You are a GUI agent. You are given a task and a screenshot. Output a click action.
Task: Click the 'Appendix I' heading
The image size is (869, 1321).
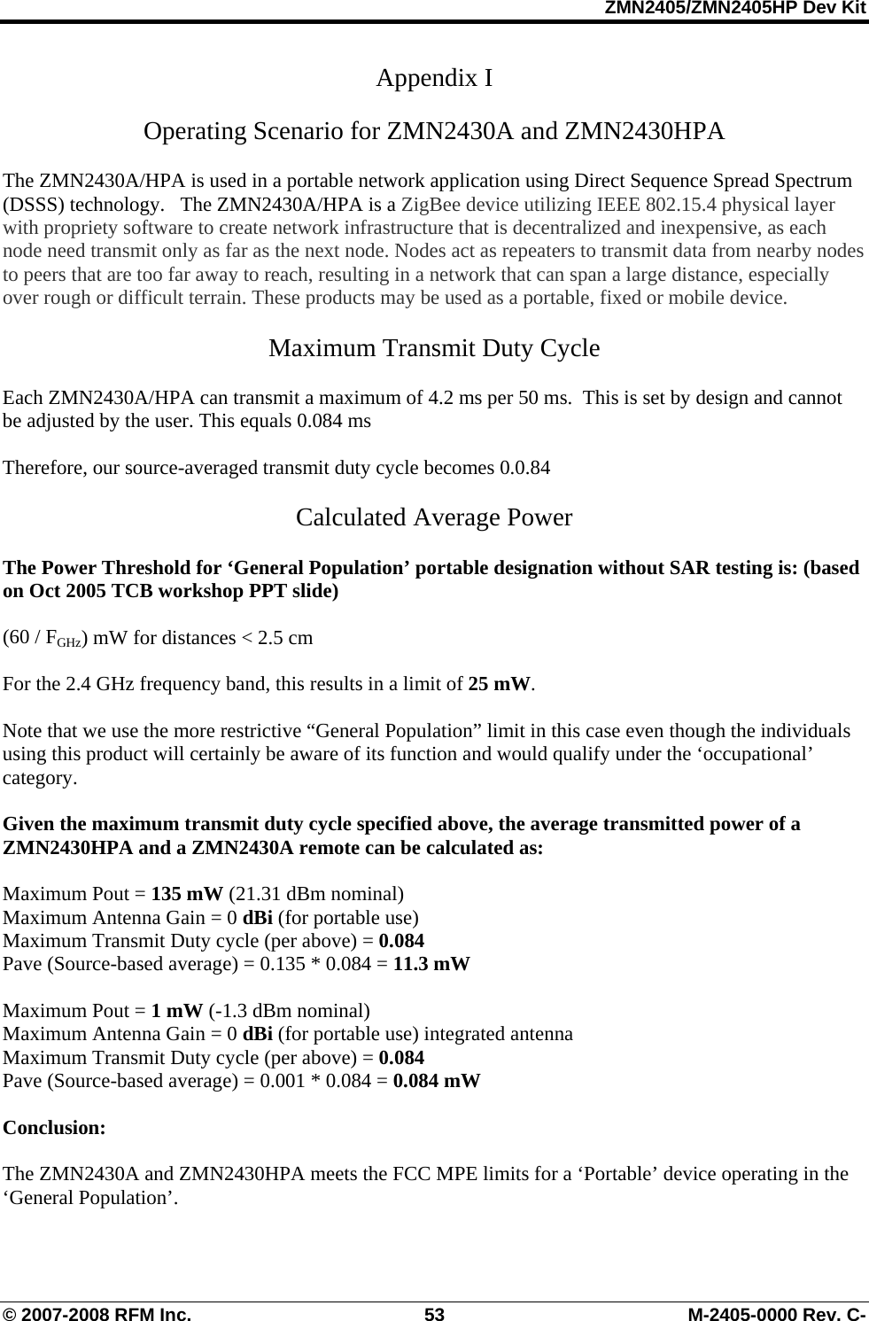434,79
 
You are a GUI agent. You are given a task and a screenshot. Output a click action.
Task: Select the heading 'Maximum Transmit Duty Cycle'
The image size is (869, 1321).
434,348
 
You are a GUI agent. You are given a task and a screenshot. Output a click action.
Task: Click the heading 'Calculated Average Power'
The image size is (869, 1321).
434,517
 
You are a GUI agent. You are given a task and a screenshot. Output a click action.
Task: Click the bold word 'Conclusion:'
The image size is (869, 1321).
55,1128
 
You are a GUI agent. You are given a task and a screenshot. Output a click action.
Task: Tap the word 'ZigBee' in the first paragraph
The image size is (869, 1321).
430,205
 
